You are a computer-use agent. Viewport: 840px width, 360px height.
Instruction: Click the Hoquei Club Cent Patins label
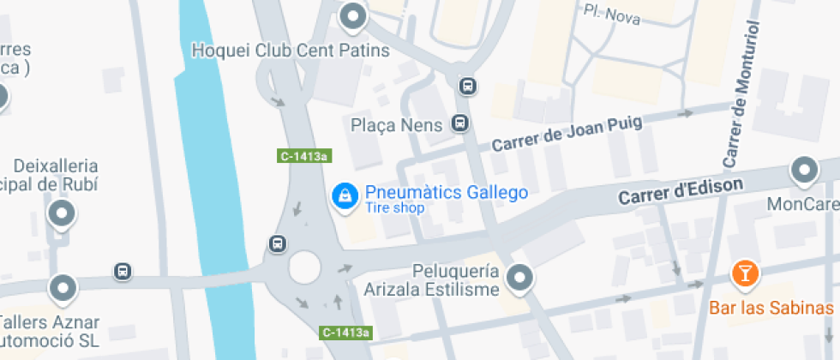click(291, 51)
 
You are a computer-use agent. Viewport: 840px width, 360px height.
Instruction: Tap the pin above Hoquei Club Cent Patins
click(352, 15)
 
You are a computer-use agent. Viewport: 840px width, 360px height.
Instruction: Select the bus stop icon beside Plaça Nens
click(461, 123)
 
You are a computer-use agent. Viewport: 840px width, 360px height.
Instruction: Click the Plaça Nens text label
click(397, 125)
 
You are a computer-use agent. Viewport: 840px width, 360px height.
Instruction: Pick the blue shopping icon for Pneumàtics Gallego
click(344, 195)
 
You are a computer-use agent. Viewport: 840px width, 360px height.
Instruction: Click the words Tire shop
click(394, 208)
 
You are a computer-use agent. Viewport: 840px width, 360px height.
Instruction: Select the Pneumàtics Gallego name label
click(446, 193)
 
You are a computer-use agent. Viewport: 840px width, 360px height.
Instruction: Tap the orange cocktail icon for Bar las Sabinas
click(745, 273)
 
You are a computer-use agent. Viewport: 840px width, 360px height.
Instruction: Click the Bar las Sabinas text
click(771, 307)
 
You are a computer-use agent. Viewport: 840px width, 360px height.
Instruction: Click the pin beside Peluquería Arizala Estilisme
click(519, 277)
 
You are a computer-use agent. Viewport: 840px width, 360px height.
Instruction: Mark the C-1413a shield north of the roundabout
click(304, 156)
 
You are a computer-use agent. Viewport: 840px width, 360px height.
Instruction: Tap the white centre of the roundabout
click(304, 266)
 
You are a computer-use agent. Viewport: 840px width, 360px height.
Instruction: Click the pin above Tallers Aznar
click(63, 288)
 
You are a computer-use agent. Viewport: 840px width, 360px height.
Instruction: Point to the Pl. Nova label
click(611, 14)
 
